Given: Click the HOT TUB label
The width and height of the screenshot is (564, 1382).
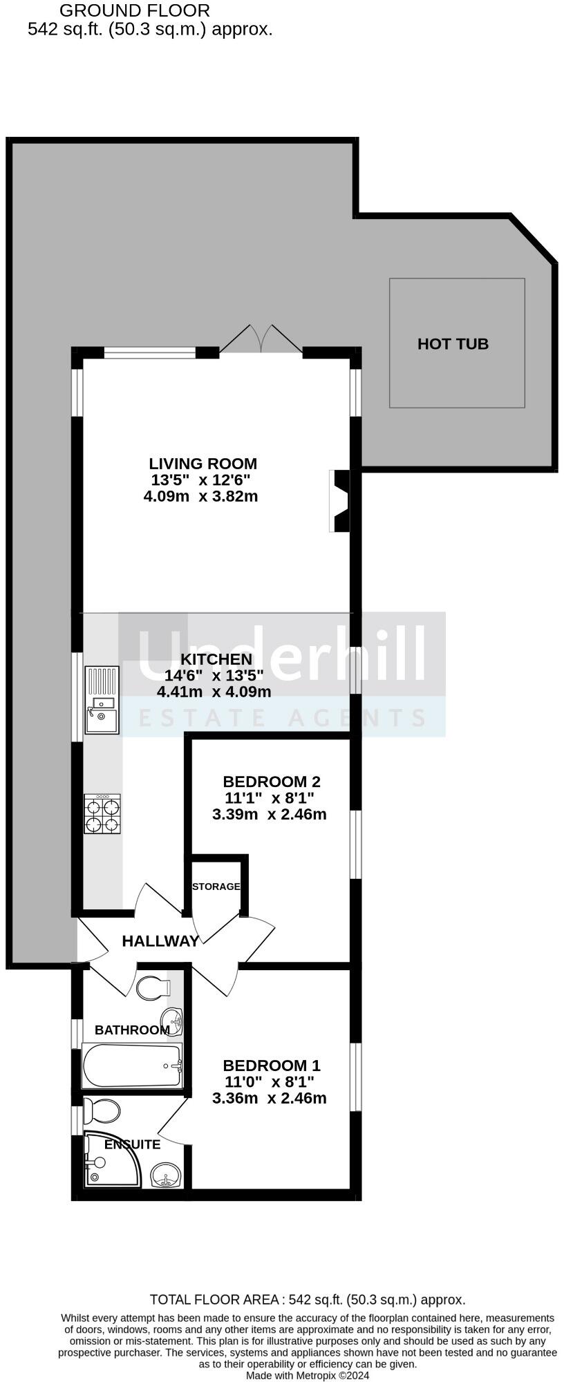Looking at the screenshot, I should tap(453, 343).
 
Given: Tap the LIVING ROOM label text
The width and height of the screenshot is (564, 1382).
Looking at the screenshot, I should tap(203, 464).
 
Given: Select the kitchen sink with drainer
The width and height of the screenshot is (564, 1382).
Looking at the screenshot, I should tap(102, 699).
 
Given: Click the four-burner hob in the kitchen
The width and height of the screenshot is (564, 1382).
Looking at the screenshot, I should tap(102, 814).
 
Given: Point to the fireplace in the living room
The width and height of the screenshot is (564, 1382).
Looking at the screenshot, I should tap(340, 501).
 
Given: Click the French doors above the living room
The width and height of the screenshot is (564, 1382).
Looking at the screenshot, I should tap(261, 341).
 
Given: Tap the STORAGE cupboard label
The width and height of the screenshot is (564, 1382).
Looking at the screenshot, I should tap(216, 887).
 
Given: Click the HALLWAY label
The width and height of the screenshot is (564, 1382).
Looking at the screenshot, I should tap(160, 940).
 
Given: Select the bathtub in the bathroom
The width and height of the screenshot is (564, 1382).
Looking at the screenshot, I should tap(132, 1066).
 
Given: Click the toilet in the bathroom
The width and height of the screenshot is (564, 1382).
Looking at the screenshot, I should tap(153, 987).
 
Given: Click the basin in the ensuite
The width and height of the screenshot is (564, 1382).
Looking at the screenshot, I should tap(166, 1173).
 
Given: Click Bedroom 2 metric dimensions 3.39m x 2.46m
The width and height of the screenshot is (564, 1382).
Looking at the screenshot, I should tap(269, 814).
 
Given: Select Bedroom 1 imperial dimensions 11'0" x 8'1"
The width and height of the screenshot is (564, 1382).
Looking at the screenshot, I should tap(269, 1082).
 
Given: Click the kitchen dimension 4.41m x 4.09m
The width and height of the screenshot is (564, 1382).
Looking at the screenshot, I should tap(214, 692).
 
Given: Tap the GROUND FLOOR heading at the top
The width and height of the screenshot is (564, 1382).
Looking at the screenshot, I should tap(135, 10).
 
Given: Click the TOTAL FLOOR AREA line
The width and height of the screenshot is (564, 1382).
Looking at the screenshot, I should tap(307, 1300).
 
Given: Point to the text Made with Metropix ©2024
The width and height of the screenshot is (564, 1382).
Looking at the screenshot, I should tap(308, 1376).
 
